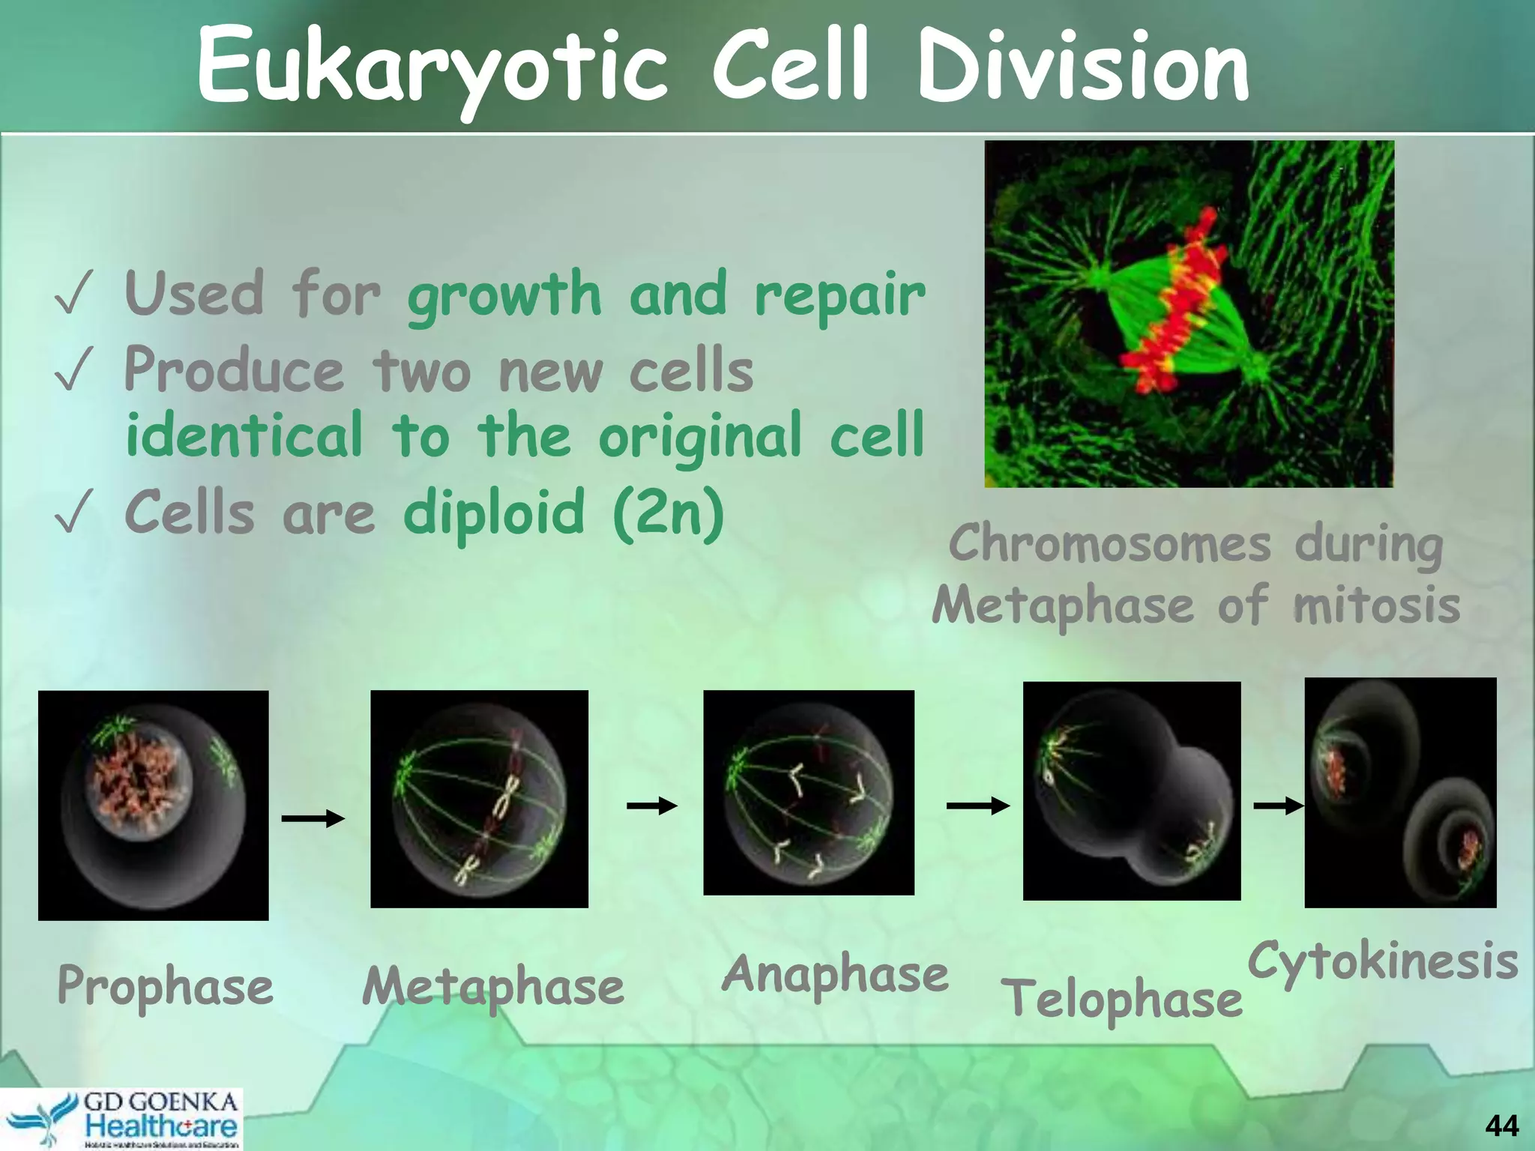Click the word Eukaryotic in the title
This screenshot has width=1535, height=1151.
click(x=432, y=67)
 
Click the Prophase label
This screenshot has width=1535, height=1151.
click(x=165, y=985)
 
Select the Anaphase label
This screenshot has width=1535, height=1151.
click(x=835, y=973)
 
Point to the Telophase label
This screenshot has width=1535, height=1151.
click(x=1122, y=998)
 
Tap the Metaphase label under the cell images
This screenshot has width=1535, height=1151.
click(x=492, y=985)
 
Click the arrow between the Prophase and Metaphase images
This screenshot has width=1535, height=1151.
click(x=313, y=818)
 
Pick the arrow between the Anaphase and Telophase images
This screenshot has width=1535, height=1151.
click(x=977, y=806)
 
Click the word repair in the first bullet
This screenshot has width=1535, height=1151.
click(x=839, y=294)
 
